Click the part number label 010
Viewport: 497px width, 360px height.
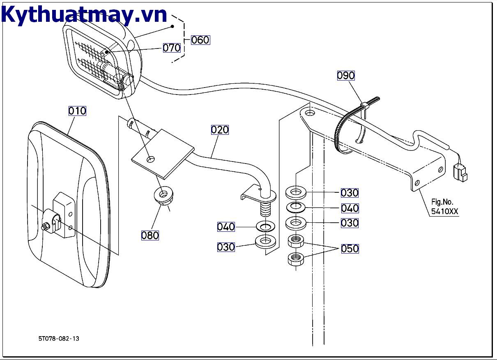click(77, 111)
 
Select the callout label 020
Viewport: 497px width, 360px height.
click(220, 130)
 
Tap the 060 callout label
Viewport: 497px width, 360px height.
click(200, 40)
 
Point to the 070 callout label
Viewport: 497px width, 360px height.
click(172, 48)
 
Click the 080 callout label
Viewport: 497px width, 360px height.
click(150, 235)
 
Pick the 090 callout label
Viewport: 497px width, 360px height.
click(346, 76)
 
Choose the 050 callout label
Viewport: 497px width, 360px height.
click(350, 249)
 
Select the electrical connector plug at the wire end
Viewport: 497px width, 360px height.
click(460, 171)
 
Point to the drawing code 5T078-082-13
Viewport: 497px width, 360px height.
click(59, 339)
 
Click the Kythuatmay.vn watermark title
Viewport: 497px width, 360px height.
click(84, 15)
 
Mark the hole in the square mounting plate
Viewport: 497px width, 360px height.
click(151, 158)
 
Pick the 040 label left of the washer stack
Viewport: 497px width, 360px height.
click(226, 227)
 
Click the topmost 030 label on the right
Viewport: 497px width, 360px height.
click(350, 193)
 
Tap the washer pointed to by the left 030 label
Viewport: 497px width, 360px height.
click(265, 242)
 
